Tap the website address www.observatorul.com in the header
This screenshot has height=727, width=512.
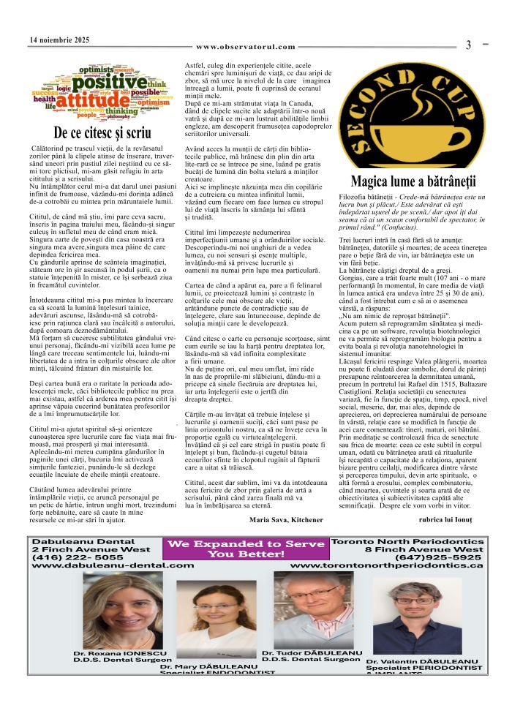coord(246,47)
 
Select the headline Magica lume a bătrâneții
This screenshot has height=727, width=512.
coord(413,181)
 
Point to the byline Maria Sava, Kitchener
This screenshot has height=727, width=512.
coord(286,519)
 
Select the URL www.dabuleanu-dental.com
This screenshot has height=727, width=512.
coord(113,565)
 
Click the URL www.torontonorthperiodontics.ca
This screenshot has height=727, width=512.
coord(387,565)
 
